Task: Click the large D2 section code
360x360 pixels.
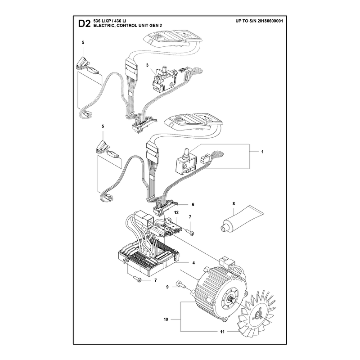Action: point(84,24)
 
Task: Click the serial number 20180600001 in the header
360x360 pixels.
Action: point(270,21)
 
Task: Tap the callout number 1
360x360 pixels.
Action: point(262,152)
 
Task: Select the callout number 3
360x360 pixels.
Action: point(147,65)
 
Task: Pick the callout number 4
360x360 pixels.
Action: point(193,263)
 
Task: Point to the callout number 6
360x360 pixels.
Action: point(193,204)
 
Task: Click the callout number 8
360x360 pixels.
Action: point(234,203)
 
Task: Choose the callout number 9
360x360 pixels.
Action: point(167,287)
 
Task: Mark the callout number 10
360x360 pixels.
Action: point(166,319)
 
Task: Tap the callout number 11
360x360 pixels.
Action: point(222,332)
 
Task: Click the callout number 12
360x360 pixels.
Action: point(176,213)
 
